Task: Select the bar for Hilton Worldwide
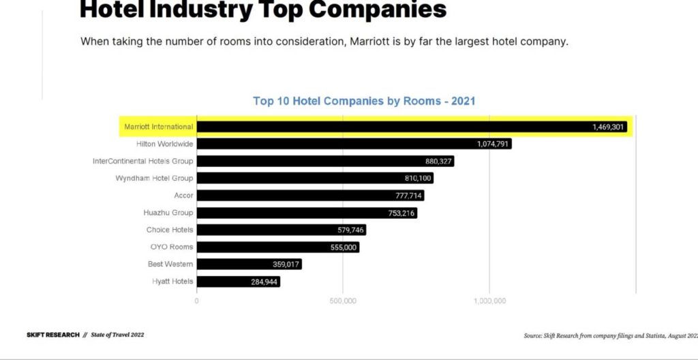coord(354,144)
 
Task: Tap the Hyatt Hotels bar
coord(239,282)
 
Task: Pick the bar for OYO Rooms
coord(278,247)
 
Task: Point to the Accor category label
coord(183,196)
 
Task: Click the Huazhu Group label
coord(168,213)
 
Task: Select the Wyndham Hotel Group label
coord(154,179)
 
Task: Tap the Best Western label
coord(170,265)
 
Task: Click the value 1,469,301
coord(608,127)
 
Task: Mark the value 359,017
coord(282,265)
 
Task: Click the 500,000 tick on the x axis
coord(343,301)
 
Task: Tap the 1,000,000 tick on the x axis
coord(489,301)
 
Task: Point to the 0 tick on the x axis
coord(197,301)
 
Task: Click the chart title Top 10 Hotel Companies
coord(364,101)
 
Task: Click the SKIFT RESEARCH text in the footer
coord(52,335)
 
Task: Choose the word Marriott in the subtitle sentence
coord(371,41)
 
